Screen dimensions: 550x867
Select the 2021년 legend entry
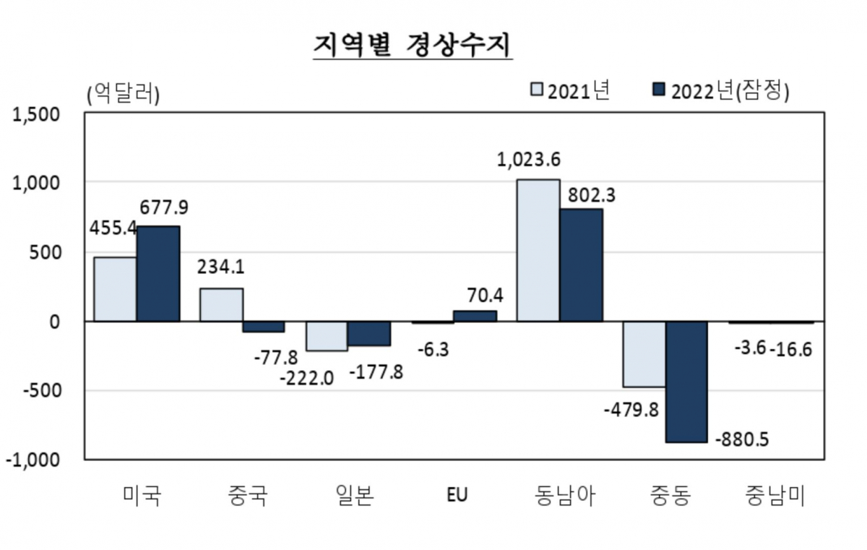(x=571, y=91)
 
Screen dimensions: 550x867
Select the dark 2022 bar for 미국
(x=158, y=274)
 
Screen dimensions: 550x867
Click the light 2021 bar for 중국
(x=221, y=305)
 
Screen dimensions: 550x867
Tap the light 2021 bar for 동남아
(x=538, y=250)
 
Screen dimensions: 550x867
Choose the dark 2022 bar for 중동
(x=686, y=382)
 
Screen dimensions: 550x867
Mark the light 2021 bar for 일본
(x=327, y=336)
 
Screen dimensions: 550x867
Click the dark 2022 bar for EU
(x=475, y=317)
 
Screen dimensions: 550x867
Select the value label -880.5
(x=744, y=440)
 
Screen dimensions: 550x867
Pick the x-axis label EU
(x=457, y=496)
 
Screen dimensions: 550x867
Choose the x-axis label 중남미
(x=774, y=496)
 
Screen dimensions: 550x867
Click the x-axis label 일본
(x=354, y=496)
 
